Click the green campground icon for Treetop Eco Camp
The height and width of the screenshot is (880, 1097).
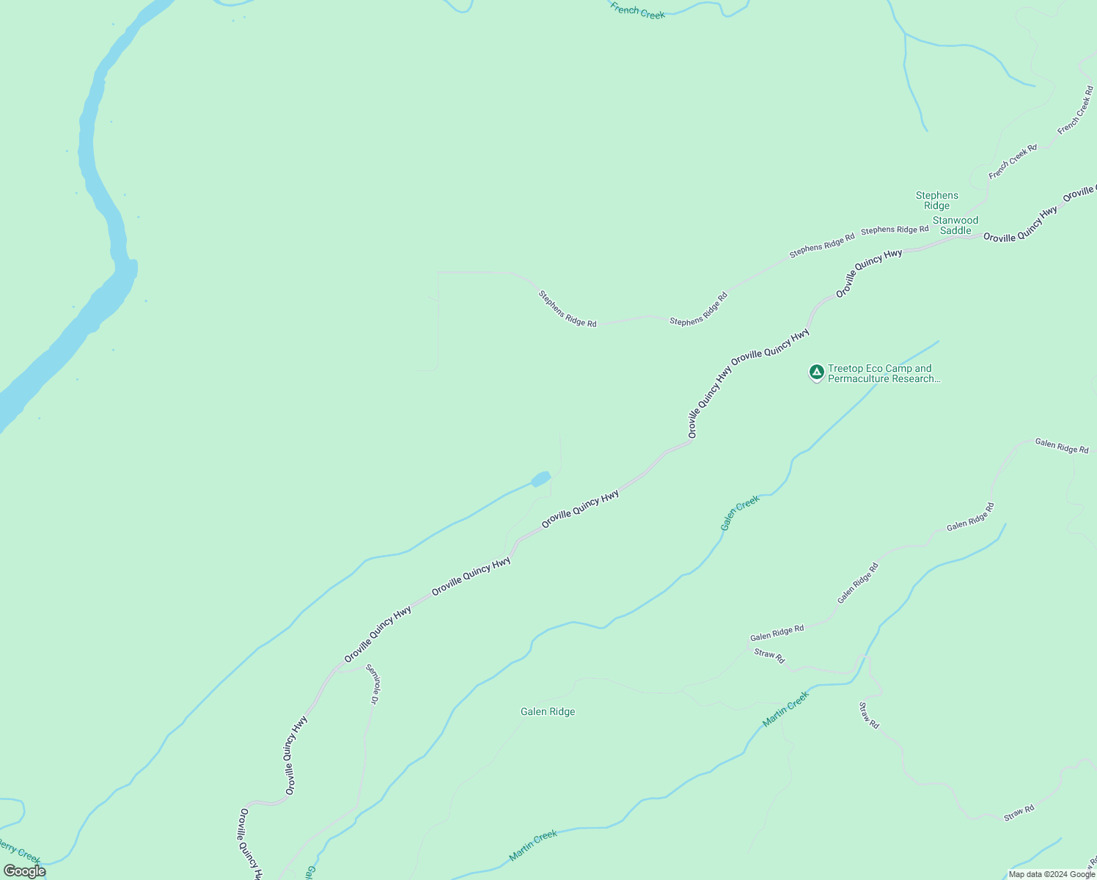tap(816, 373)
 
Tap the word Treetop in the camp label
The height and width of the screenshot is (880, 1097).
tap(843, 369)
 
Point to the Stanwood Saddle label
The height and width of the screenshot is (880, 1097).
tap(955, 225)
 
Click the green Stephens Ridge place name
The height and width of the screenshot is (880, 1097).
tap(936, 200)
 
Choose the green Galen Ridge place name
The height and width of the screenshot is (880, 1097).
tap(548, 711)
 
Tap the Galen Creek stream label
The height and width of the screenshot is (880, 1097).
tap(739, 513)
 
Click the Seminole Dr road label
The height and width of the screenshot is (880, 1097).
tap(373, 684)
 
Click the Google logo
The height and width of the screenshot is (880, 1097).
tap(24, 871)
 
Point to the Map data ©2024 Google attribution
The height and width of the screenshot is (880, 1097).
tap(1052, 874)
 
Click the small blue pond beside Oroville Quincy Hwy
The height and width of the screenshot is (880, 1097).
tap(540, 479)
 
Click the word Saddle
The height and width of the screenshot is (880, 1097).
tap(955, 230)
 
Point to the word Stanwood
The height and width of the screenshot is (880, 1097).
tap(955, 220)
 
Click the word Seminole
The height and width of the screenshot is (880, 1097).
tap(371, 680)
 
